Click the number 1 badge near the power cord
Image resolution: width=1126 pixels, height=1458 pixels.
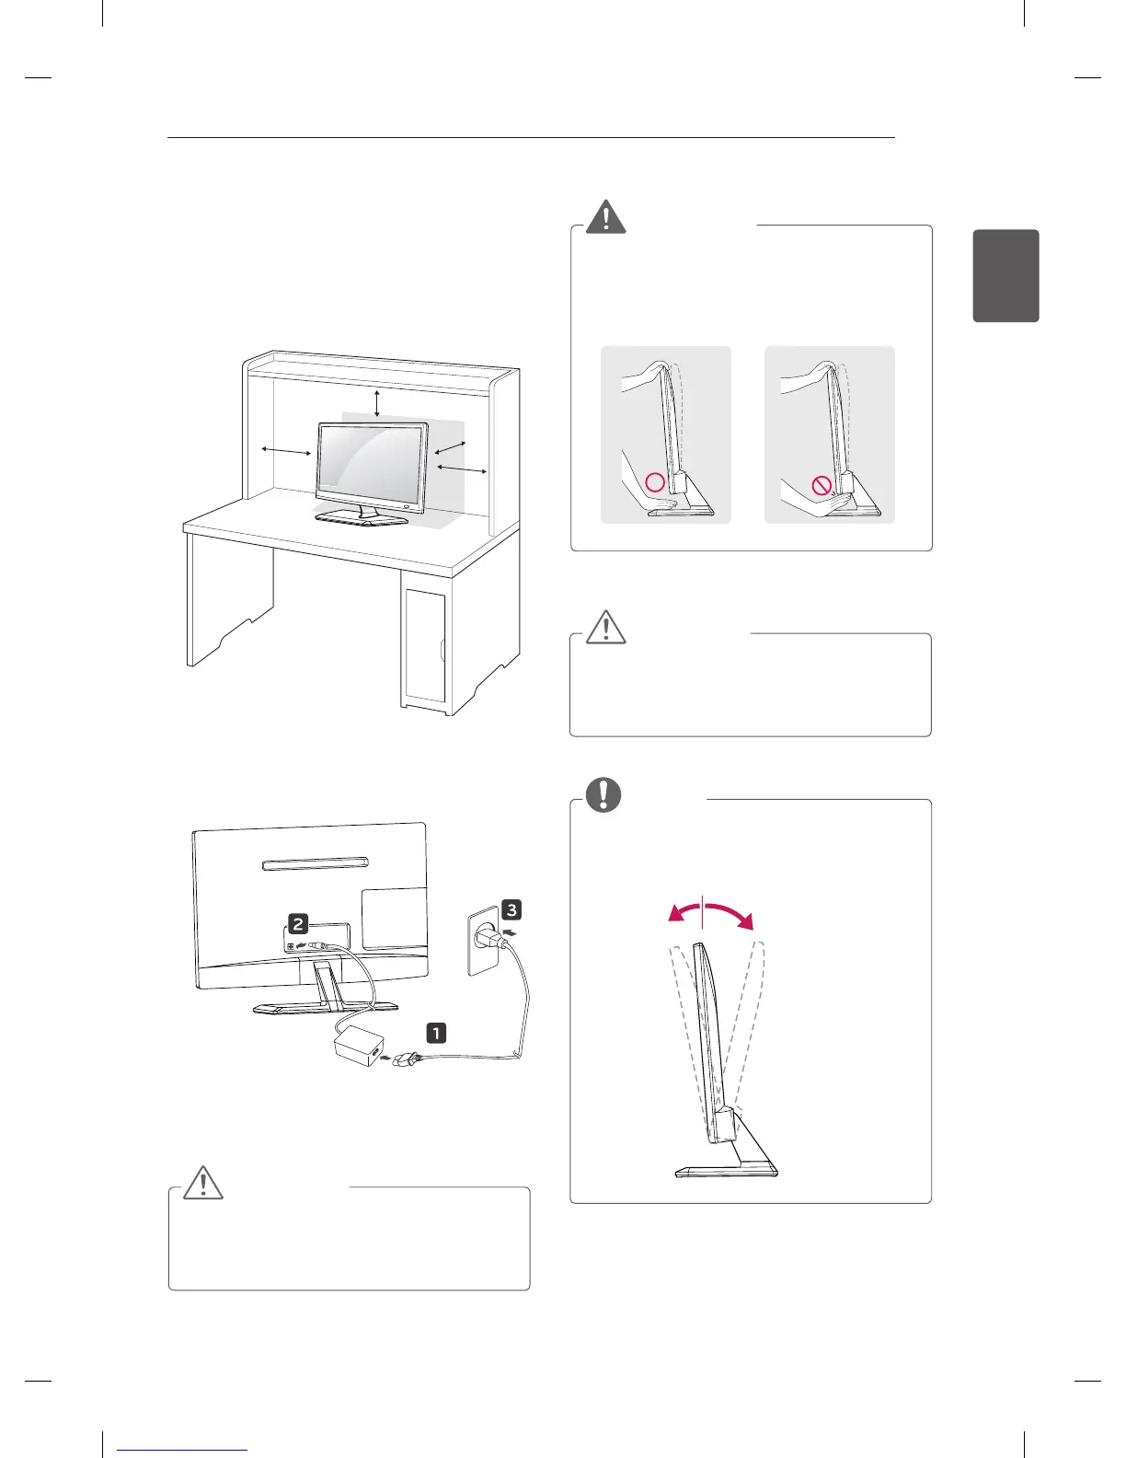[435, 1033]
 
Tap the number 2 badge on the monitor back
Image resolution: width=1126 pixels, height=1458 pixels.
[298, 924]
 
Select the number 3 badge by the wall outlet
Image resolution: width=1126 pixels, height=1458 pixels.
[511, 910]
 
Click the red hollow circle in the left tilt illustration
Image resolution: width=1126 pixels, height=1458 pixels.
[654, 481]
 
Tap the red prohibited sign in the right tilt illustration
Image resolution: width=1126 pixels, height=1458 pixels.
[822, 486]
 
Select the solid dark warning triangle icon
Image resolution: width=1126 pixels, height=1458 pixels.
[605, 217]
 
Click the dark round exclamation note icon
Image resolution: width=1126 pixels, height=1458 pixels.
[604, 794]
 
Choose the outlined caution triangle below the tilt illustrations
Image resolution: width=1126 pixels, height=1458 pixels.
[605, 627]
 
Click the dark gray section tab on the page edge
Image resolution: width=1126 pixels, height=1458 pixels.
[1005, 276]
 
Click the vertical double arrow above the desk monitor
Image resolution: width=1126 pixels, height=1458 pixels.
[377, 402]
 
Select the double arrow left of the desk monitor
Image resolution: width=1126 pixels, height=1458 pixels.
[285, 450]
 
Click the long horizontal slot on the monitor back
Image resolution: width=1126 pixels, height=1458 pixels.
[316, 864]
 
